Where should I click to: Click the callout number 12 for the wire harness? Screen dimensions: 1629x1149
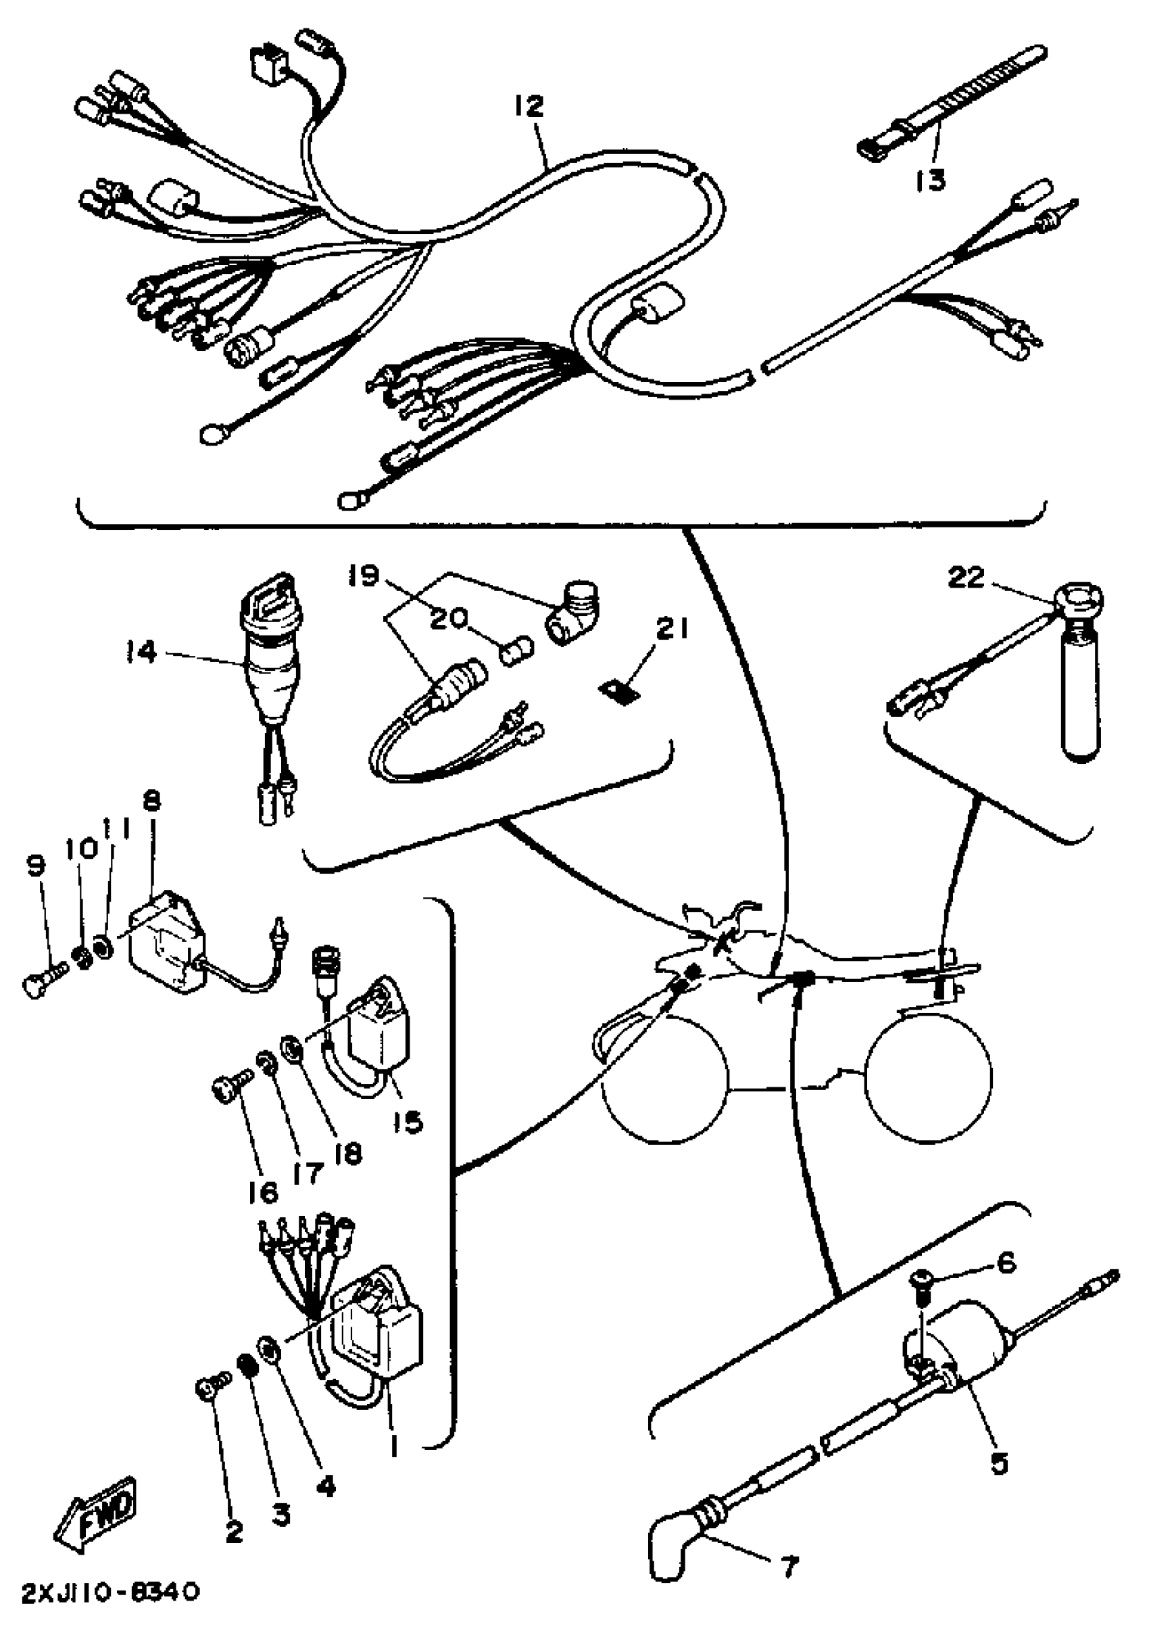(x=529, y=107)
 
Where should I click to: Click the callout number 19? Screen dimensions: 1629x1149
(x=364, y=576)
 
